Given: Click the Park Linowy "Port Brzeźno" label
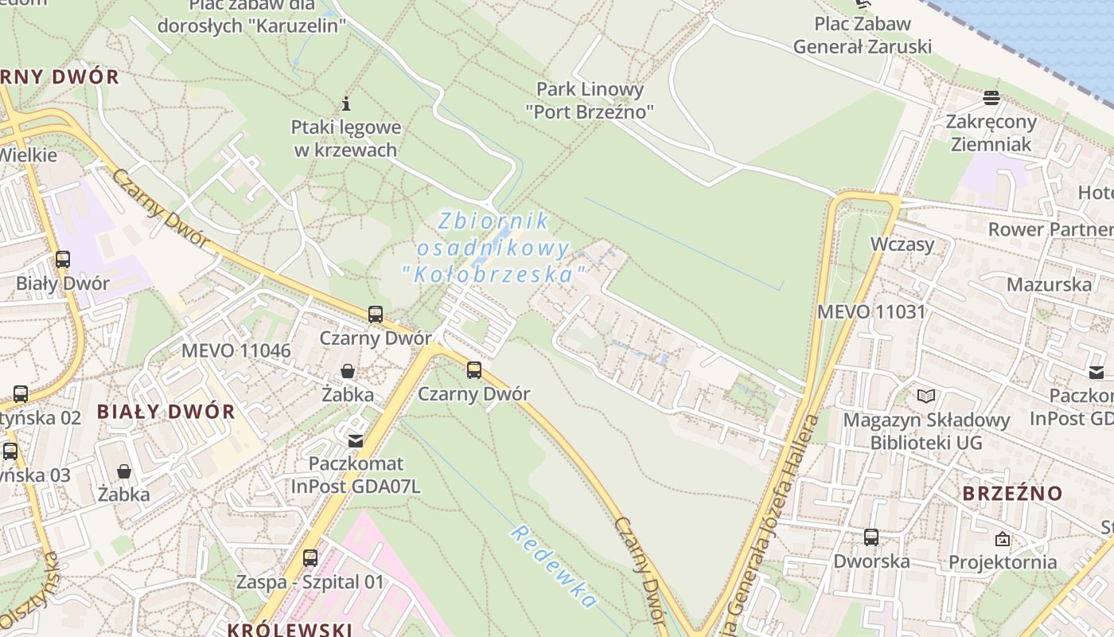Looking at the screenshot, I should pyautogui.click(x=590, y=100).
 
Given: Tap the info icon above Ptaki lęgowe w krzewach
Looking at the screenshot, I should pyautogui.click(x=346, y=104).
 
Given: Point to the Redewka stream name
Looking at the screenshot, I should pyautogui.click(x=554, y=565).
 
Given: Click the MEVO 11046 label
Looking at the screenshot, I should pyautogui.click(x=236, y=350).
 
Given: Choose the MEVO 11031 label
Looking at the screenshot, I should pyautogui.click(x=871, y=311).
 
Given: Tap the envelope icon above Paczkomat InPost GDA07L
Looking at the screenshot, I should pyautogui.click(x=356, y=440).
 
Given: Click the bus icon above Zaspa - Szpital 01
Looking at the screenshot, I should pyautogui.click(x=310, y=557).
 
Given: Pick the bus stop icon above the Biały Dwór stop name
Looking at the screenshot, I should pyautogui.click(x=62, y=260).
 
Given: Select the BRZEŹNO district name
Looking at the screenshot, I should pyautogui.click(x=1012, y=494).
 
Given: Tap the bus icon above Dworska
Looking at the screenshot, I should pyautogui.click(x=871, y=537).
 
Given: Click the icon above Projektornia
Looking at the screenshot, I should pyautogui.click(x=1003, y=539).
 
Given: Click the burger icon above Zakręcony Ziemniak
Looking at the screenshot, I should pyautogui.click(x=991, y=98).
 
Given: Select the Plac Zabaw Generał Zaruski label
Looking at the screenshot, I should pyautogui.click(x=862, y=35).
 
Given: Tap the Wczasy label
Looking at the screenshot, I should pyautogui.click(x=902, y=244).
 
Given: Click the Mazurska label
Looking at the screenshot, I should pyautogui.click(x=1049, y=284).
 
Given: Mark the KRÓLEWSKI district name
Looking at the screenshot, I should pyautogui.click(x=290, y=630).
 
